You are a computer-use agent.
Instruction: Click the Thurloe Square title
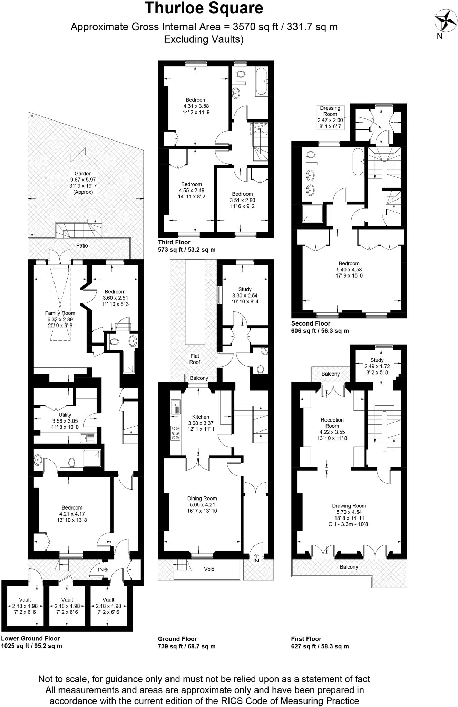204,8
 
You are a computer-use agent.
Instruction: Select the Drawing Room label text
349,506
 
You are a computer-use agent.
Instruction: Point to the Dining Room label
202,498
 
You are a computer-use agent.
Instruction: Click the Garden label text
83,174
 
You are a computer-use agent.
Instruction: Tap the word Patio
82,246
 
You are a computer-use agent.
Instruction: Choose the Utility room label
65,415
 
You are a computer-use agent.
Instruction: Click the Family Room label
60,313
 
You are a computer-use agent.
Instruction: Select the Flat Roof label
195,359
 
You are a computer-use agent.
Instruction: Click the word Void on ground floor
209,569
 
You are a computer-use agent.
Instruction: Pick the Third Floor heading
174,242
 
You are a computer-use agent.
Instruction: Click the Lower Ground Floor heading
30,639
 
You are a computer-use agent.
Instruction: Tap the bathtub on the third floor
261,81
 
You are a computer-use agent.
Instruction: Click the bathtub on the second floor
357,162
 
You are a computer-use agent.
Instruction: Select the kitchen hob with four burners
175,433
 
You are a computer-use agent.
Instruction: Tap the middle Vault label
67,600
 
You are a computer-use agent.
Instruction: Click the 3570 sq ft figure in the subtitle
246,27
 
